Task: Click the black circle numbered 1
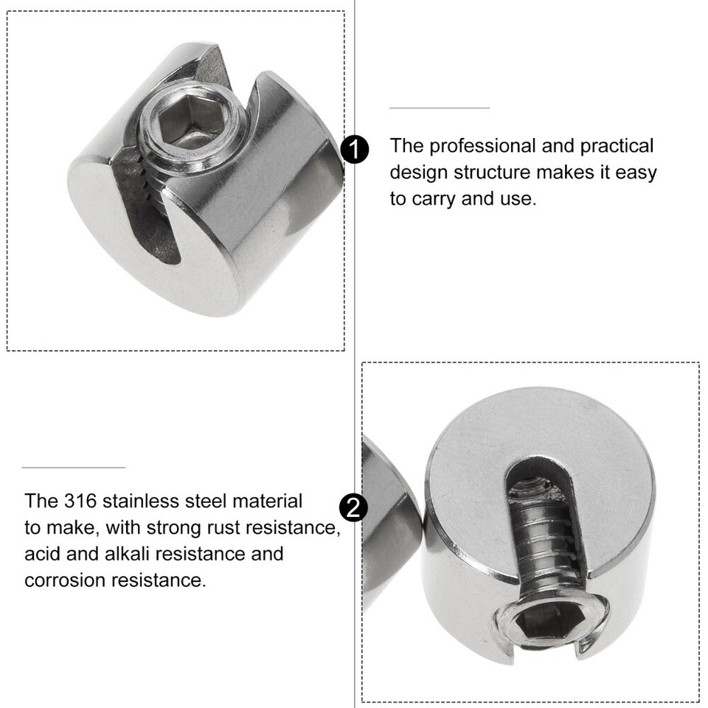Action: [355, 150]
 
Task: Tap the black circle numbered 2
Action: [353, 508]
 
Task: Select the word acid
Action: [42, 553]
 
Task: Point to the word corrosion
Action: [65, 580]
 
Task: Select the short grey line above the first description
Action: [440, 108]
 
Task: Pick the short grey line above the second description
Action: [74, 468]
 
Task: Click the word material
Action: [267, 501]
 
